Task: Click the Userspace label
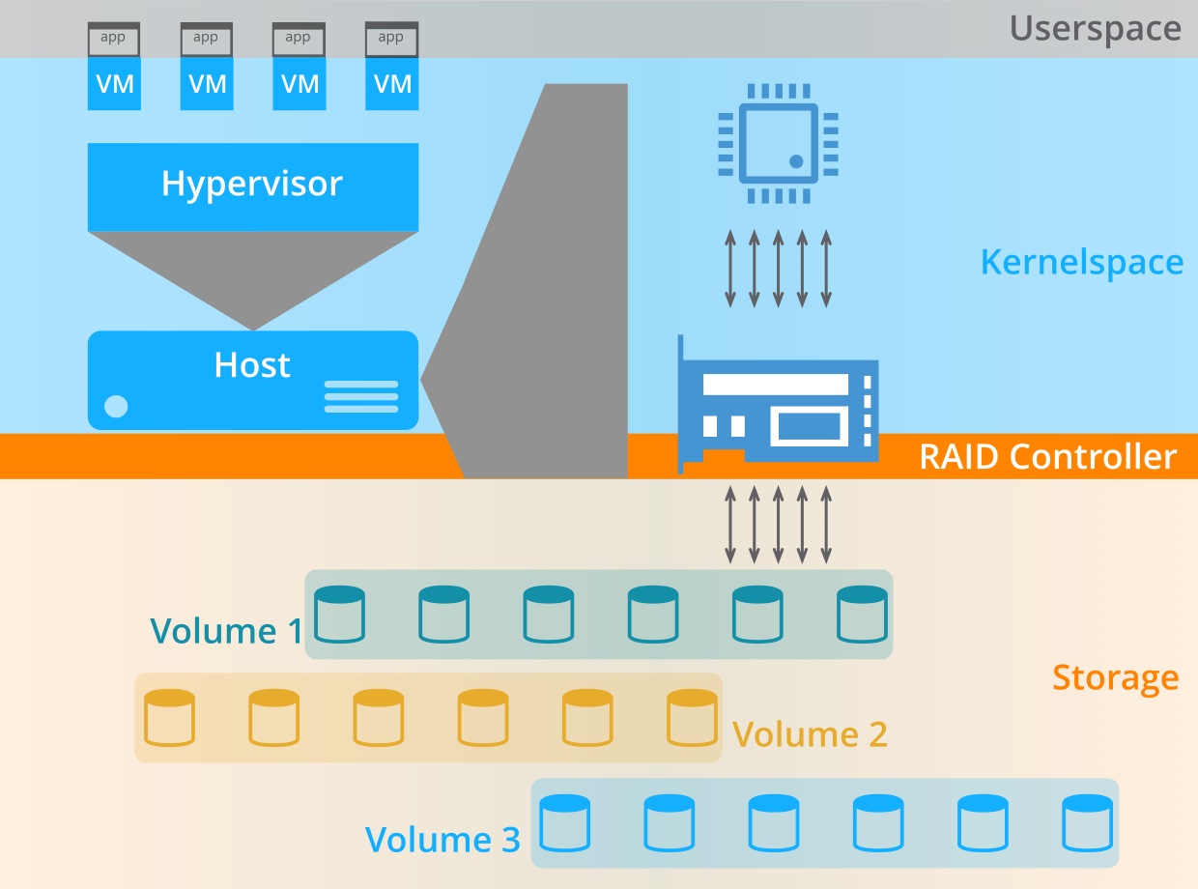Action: pos(1095,28)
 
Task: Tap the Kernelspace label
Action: pos(1081,262)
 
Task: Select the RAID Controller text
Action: pos(1047,456)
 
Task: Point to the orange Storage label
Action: pos(1115,677)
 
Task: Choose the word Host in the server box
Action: pos(252,365)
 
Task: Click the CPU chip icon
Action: pos(778,143)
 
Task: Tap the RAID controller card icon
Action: pos(779,405)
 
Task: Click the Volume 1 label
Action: pos(226,631)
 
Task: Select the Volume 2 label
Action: pos(810,734)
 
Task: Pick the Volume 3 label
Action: pos(442,839)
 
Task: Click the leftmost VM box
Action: pos(114,84)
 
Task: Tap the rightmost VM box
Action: pos(391,84)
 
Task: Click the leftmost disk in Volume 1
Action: pos(340,615)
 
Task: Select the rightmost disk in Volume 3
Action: pos(1087,823)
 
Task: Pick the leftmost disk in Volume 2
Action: pos(169,718)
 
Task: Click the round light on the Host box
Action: pos(116,407)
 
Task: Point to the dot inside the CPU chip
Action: pos(796,160)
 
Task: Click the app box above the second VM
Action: pos(206,39)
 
